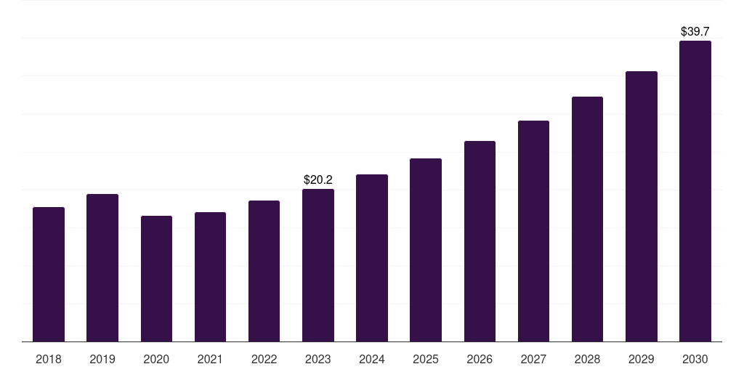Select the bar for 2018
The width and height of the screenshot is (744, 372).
pos(49,275)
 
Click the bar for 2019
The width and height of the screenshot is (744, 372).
pos(102,268)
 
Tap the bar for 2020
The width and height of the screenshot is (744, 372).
pos(156,279)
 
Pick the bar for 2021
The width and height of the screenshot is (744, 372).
pos(210,277)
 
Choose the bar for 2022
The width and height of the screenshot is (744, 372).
pos(264,271)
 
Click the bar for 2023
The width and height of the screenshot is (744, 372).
pos(318,265)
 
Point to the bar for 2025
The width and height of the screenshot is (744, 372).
pos(426,250)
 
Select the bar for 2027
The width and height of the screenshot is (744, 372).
pos(533,231)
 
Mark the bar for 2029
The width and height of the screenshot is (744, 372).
pos(641,206)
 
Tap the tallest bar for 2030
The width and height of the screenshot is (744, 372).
pos(695,191)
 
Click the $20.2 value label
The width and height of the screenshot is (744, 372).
pos(318,179)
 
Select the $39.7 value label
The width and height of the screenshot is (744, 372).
pos(695,31)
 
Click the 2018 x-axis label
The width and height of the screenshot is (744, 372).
pos(49,359)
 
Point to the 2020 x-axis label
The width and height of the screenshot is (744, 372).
pos(156,359)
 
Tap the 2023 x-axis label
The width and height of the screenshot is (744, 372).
pos(318,359)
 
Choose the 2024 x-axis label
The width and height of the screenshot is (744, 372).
pos(372,359)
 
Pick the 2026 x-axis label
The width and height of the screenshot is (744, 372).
pos(480,359)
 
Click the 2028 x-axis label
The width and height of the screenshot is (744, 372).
pos(587,359)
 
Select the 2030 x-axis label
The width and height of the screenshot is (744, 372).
pos(695,359)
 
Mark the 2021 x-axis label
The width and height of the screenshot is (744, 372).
pos(210,359)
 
